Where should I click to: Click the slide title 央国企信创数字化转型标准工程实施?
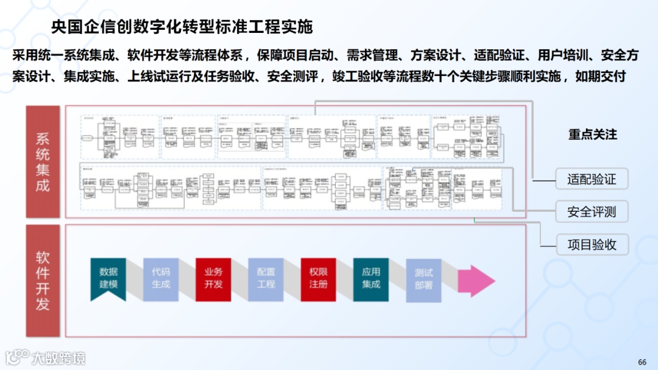[x=182, y=27]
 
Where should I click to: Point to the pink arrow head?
[x=478, y=281]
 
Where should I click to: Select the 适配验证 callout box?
[x=592, y=180]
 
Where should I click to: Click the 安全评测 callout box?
[x=592, y=212]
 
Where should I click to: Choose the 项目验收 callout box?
[x=592, y=245]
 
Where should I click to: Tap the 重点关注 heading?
[x=593, y=134]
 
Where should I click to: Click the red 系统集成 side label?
[x=43, y=162]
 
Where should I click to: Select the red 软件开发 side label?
[x=43, y=281]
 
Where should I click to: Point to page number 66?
[x=642, y=361]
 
